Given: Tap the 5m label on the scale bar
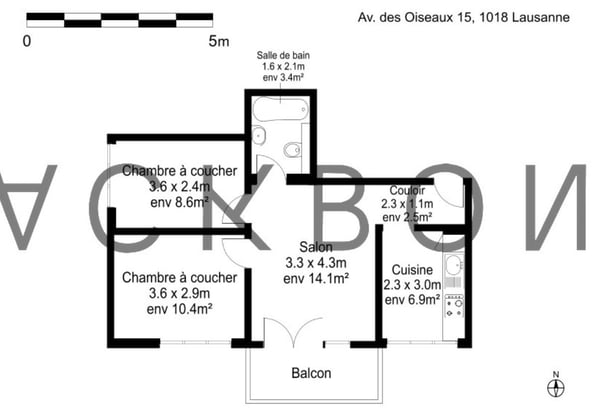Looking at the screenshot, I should point(218,41).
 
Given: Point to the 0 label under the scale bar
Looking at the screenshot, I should point(27,41).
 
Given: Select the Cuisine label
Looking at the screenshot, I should point(412,269).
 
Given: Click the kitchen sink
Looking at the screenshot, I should point(452,267).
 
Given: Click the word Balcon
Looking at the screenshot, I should point(311,374).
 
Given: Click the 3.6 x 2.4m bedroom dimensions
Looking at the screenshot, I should point(179,186).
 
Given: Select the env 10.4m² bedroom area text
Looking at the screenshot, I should point(179,309).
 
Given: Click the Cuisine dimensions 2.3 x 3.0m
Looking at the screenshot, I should point(412,284).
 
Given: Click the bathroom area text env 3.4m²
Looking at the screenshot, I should point(282,76).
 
